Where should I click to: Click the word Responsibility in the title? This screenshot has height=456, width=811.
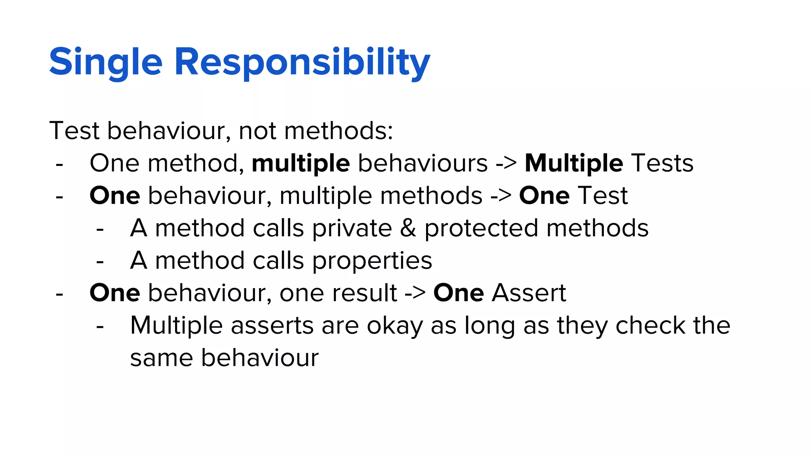[302, 63]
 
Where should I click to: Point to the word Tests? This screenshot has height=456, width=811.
[662, 163]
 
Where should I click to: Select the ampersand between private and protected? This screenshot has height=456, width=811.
[408, 228]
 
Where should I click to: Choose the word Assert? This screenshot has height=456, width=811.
[529, 293]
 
